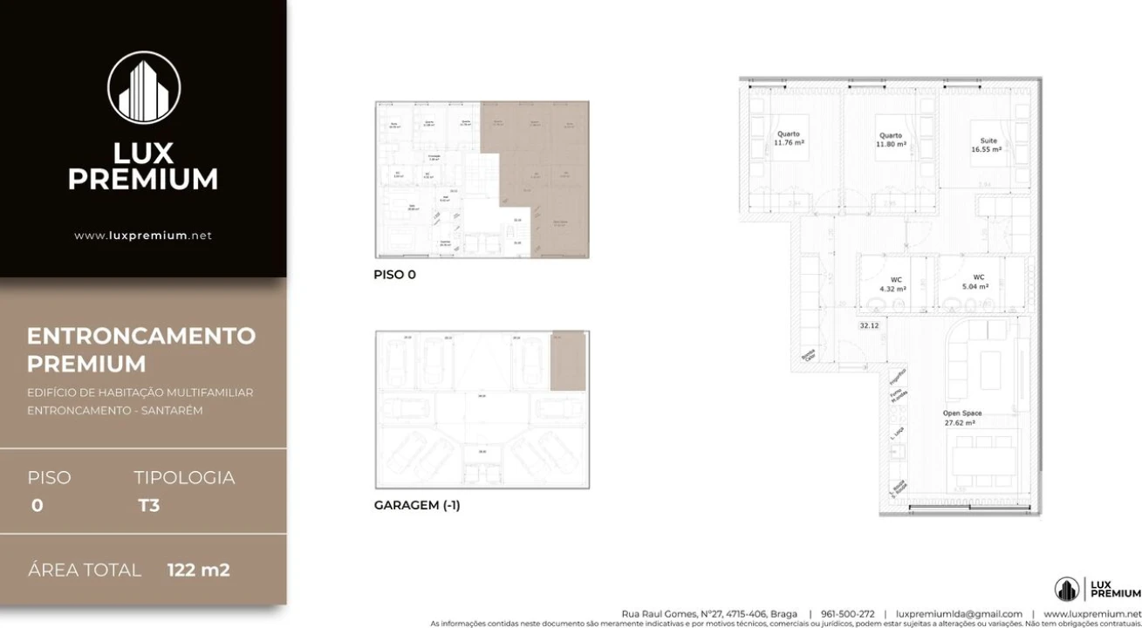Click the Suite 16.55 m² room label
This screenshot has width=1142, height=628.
pyautogui.click(x=988, y=145)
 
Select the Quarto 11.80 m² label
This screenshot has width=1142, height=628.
pyautogui.click(x=891, y=140)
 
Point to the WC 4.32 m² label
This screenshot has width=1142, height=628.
pyautogui.click(x=892, y=284)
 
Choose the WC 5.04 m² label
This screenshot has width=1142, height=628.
pyautogui.click(x=975, y=282)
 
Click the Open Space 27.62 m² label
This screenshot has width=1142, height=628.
pyautogui.click(x=961, y=418)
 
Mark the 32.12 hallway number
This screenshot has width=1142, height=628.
pyautogui.click(x=868, y=325)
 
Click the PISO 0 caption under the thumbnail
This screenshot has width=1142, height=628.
pyautogui.click(x=394, y=275)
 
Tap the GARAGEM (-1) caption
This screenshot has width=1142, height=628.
pyautogui.click(x=416, y=505)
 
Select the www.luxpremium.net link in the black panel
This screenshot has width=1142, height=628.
pyautogui.click(x=143, y=235)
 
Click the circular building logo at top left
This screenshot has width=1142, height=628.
pyautogui.click(x=144, y=87)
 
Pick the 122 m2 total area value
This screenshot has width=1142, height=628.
pyautogui.click(x=199, y=570)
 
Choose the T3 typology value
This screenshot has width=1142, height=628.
pyautogui.click(x=148, y=505)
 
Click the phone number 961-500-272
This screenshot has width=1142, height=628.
pyautogui.click(x=847, y=614)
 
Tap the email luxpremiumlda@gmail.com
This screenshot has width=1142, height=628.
pyautogui.click(x=959, y=614)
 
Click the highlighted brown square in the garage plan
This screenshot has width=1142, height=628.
pyautogui.click(x=568, y=360)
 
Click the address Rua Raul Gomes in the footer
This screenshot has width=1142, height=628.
pyautogui.click(x=708, y=614)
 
